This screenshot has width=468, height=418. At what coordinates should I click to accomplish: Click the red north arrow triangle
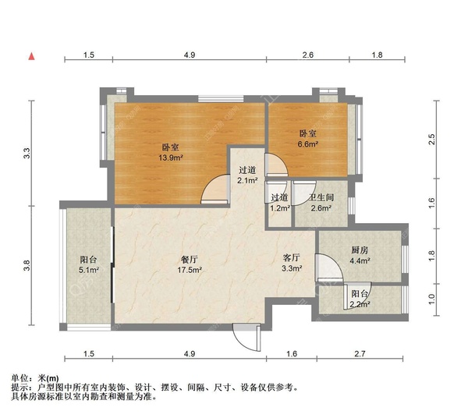[31, 56]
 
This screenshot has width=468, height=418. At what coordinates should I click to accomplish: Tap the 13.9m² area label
[170, 158]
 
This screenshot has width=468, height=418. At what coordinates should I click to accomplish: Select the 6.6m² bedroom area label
[307, 144]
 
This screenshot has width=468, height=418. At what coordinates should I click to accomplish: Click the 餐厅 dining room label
[190, 259]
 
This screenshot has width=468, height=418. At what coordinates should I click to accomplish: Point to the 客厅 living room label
[291, 257]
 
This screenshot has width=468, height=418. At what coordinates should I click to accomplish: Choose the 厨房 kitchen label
[360, 250]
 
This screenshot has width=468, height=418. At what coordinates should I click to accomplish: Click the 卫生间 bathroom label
[321, 197]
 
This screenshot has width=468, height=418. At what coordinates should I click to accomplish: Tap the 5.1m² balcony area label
[89, 270]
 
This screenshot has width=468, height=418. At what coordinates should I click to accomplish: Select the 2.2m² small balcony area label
[360, 304]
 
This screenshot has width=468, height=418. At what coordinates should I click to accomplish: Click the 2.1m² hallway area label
[247, 180]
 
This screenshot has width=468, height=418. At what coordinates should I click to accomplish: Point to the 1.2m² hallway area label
[280, 208]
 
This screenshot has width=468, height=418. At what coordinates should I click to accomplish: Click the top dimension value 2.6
[308, 55]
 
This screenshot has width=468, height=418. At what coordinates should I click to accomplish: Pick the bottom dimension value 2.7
[360, 353]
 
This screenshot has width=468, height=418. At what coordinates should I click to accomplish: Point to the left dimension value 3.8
[27, 265]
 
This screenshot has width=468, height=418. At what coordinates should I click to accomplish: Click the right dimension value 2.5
[432, 140]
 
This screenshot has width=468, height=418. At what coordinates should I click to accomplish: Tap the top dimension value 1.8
[377, 55]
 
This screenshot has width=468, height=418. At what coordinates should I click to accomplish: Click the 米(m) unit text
[48, 378]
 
